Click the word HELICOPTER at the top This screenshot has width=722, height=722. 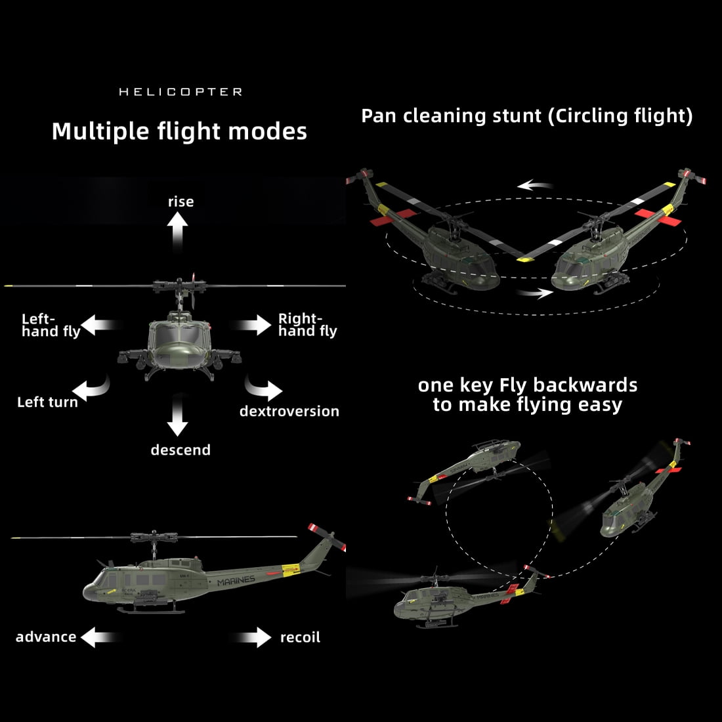pyautogui.click(x=180, y=92)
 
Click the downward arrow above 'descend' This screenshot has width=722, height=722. pyautogui.click(x=177, y=415)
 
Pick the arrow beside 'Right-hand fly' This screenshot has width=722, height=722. pyautogui.click(x=251, y=325)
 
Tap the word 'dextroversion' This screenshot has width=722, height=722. pyautogui.click(x=289, y=411)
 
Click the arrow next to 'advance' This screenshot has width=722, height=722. pyautogui.click(x=100, y=637)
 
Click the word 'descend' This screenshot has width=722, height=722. pyautogui.click(x=180, y=450)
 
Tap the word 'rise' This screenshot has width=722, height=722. pyautogui.click(x=181, y=202)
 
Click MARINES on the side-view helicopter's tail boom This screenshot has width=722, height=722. pyautogui.click(x=236, y=581)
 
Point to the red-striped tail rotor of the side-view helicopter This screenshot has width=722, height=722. pyautogui.click(x=327, y=536)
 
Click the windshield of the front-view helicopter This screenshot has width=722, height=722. pyautogui.click(x=179, y=333)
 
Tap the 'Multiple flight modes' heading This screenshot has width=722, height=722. pyautogui.click(x=180, y=132)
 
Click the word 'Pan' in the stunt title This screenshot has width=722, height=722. pyautogui.click(x=379, y=116)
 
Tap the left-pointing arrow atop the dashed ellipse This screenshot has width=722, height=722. pyautogui.click(x=534, y=185)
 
